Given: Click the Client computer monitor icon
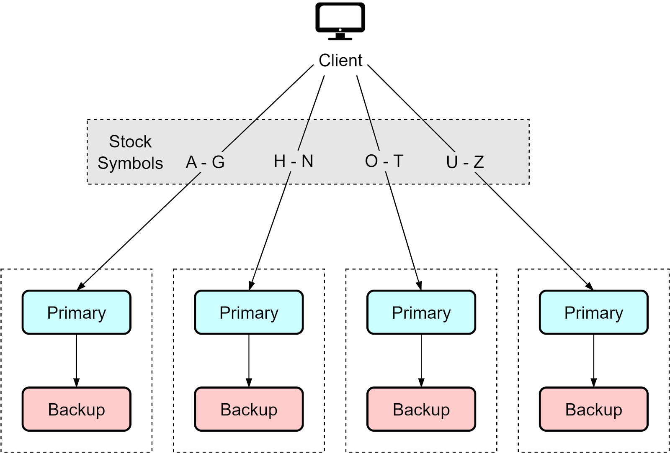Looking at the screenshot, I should tap(340, 21).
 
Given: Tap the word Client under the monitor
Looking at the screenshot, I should tap(340, 60).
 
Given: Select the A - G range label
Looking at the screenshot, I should tap(205, 162).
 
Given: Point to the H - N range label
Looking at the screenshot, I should tap(294, 161).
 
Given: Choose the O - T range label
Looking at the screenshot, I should tap(384, 161).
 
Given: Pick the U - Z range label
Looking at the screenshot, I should tap(465, 162).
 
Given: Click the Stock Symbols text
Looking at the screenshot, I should tap(130, 152).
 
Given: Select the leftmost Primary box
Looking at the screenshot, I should tap(76, 312).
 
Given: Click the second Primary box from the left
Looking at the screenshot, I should tap(249, 312).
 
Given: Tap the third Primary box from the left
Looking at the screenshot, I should tap(421, 312).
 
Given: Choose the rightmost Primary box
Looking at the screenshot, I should tap(593, 312).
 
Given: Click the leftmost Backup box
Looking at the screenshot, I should tap(76, 409).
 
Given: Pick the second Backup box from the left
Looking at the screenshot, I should tap(249, 409).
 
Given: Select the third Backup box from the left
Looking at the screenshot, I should tap(421, 409).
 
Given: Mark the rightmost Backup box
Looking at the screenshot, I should tap(593, 409).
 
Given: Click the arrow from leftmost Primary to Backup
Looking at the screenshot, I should tap(76, 360).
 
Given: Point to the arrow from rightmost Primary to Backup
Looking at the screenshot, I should tap(593, 360).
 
